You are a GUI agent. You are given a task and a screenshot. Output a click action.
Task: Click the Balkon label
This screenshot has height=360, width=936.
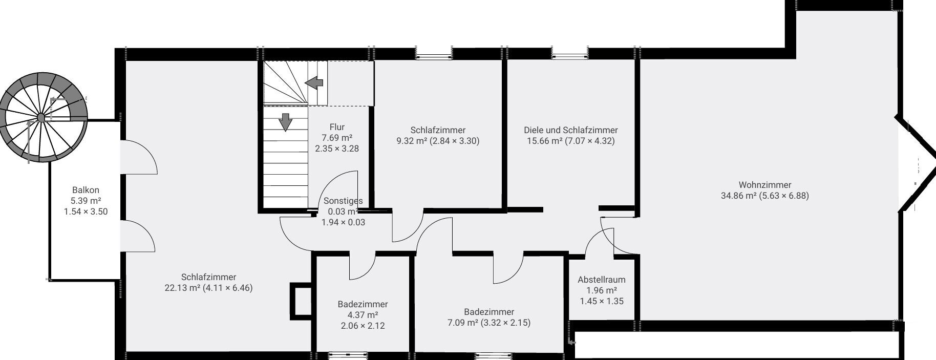(86, 190)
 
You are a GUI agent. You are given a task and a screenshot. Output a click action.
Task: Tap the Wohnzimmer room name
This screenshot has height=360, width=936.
(764, 185)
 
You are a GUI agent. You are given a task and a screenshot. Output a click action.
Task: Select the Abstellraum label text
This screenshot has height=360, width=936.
(602, 280)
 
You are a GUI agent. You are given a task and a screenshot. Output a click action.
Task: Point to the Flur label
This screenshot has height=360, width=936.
(337, 127)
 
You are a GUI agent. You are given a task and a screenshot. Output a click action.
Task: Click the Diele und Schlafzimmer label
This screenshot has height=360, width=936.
(571, 130)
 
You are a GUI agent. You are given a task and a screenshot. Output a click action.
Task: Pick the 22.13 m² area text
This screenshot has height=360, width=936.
(183, 288)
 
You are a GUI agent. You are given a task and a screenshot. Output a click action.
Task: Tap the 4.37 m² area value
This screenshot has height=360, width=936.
(363, 315)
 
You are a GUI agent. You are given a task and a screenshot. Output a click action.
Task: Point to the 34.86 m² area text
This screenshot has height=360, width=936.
(739, 196)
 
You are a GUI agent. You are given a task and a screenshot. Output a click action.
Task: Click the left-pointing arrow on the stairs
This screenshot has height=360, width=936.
(314, 82)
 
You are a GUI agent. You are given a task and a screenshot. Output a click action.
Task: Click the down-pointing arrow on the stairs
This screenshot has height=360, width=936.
(285, 122)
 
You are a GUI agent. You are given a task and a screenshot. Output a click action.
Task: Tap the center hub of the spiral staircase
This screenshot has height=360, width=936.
(41, 118)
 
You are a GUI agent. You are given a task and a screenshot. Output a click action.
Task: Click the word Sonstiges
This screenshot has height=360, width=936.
(343, 201)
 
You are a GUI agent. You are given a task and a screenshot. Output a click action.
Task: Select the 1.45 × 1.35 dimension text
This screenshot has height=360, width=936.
(602, 301)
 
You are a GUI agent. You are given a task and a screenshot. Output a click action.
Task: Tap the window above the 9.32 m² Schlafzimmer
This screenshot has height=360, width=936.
(434, 53)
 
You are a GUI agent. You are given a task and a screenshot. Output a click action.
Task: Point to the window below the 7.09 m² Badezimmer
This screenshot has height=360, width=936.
(493, 355)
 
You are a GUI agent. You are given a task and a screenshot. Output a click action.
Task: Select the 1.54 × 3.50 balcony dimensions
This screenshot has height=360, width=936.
(86, 211)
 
